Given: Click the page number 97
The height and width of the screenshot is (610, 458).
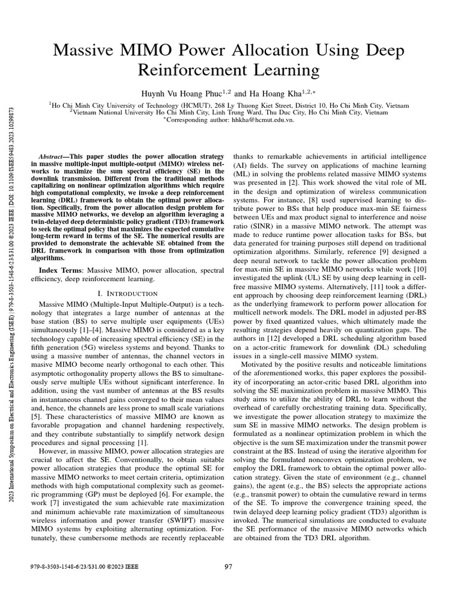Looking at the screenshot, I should pos(228,567).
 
